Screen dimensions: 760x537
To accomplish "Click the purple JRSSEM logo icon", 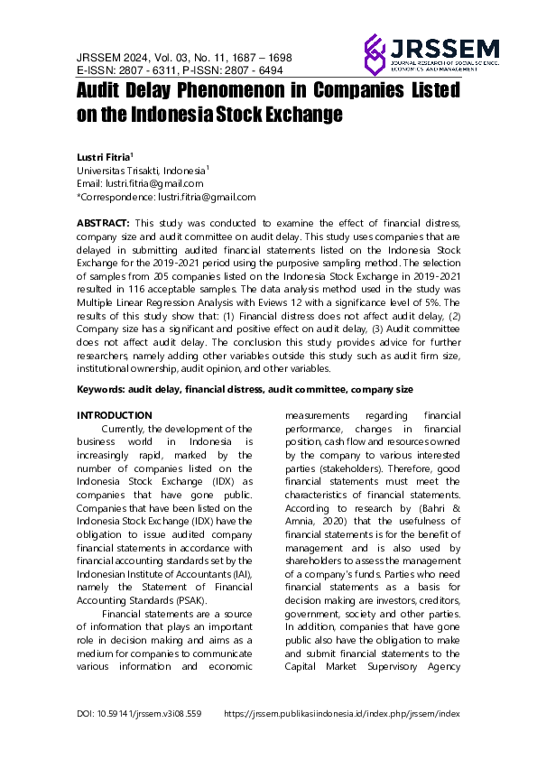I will click(374, 53).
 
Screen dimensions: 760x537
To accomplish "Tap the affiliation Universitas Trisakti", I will click(124, 170).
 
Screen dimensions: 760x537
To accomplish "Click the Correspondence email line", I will click(166, 196).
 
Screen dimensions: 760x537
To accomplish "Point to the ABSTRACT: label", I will click(103, 222).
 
